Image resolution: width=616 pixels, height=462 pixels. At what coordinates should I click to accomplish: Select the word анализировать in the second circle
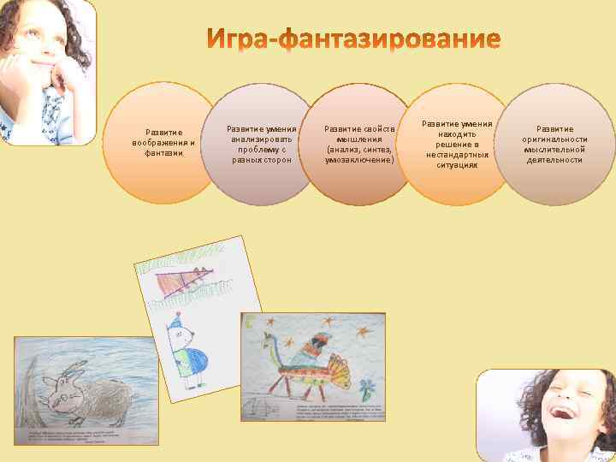tap(261, 139)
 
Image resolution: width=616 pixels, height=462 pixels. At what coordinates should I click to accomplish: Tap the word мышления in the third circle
tap(359, 139)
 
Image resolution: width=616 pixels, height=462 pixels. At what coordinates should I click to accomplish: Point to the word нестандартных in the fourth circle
tap(457, 155)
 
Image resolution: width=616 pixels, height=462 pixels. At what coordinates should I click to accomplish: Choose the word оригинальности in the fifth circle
tap(554, 139)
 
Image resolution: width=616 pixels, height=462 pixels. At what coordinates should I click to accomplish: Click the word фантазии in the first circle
tap(163, 153)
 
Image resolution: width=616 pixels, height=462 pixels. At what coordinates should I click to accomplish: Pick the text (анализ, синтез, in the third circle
tap(359, 149)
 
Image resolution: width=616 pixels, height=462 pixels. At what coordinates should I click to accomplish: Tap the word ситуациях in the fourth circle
tap(457, 165)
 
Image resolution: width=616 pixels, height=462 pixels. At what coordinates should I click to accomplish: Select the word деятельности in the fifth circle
tap(554, 160)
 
